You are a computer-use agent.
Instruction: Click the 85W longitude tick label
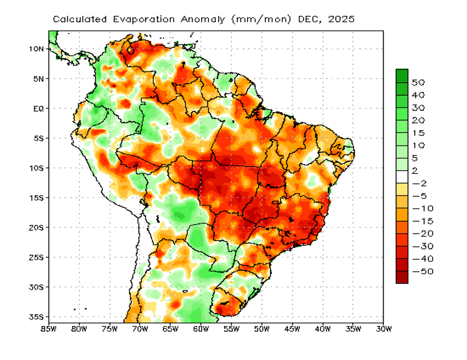(x=48, y=329)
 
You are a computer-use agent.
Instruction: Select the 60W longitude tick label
(x=201, y=329)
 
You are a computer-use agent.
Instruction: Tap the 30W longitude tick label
(x=383, y=329)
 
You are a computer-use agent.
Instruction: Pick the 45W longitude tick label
(x=292, y=329)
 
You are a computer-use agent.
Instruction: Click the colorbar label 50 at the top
(x=418, y=82)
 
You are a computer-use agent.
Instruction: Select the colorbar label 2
(x=415, y=171)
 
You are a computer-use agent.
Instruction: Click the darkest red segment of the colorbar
(x=402, y=277)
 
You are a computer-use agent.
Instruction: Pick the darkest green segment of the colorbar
(x=402, y=75)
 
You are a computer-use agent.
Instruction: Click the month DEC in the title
(x=308, y=19)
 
